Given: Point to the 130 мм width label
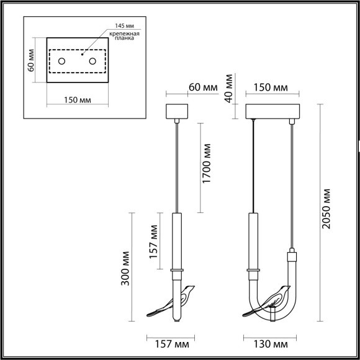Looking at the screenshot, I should pyautogui.click(x=271, y=343).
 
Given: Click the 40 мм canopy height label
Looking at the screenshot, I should pyautogui.click(x=230, y=88).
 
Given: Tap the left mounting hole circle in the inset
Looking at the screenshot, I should pyautogui.click(x=63, y=61).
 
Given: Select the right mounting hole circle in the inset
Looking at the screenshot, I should pyautogui.click(x=94, y=61).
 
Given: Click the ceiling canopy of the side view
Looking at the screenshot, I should pyautogui.click(x=177, y=112).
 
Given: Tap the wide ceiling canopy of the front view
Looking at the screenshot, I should pyautogui.click(x=273, y=112).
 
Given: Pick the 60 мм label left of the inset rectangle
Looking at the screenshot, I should pyautogui.click(x=33, y=61).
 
